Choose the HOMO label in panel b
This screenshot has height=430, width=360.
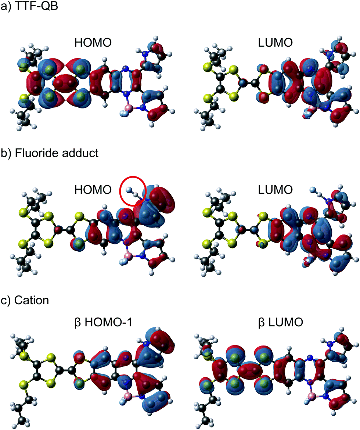[92, 190]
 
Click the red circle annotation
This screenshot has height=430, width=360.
[133, 190]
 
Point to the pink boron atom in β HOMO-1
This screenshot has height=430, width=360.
[128, 396]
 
